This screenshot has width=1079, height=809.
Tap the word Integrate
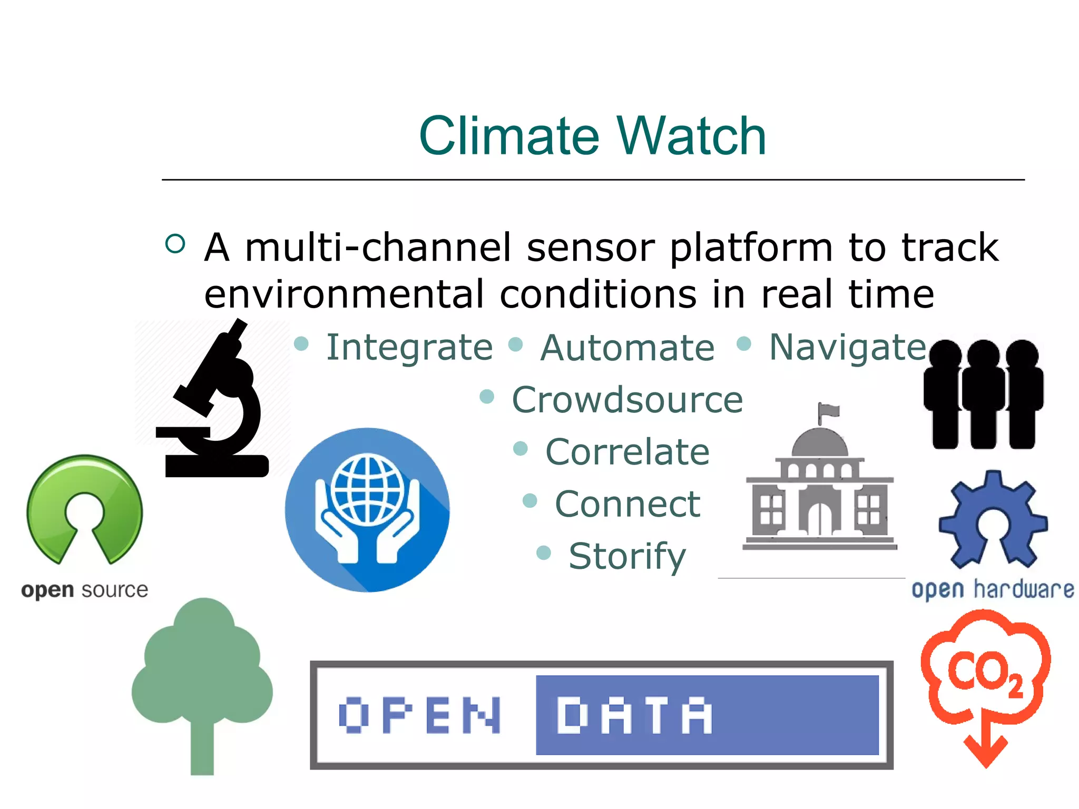[x=409, y=348]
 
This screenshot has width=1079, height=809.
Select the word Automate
[x=627, y=348]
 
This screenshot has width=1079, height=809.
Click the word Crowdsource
[x=627, y=400]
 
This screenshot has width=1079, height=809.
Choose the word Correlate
[x=627, y=452]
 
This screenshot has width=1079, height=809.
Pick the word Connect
[x=627, y=504]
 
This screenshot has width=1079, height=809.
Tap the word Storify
[x=627, y=556]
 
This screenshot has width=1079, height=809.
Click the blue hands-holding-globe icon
[x=367, y=510]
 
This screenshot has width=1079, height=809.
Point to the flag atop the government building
[x=828, y=411]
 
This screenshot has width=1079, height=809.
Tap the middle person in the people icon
[x=983, y=395]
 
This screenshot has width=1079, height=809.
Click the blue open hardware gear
[x=993, y=519]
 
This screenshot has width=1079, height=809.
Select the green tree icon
[x=202, y=679]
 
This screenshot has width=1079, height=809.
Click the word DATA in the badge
[x=634, y=715]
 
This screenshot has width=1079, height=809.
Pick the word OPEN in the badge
[x=419, y=715]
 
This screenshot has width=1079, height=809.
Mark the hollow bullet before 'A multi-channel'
[x=175, y=243]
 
